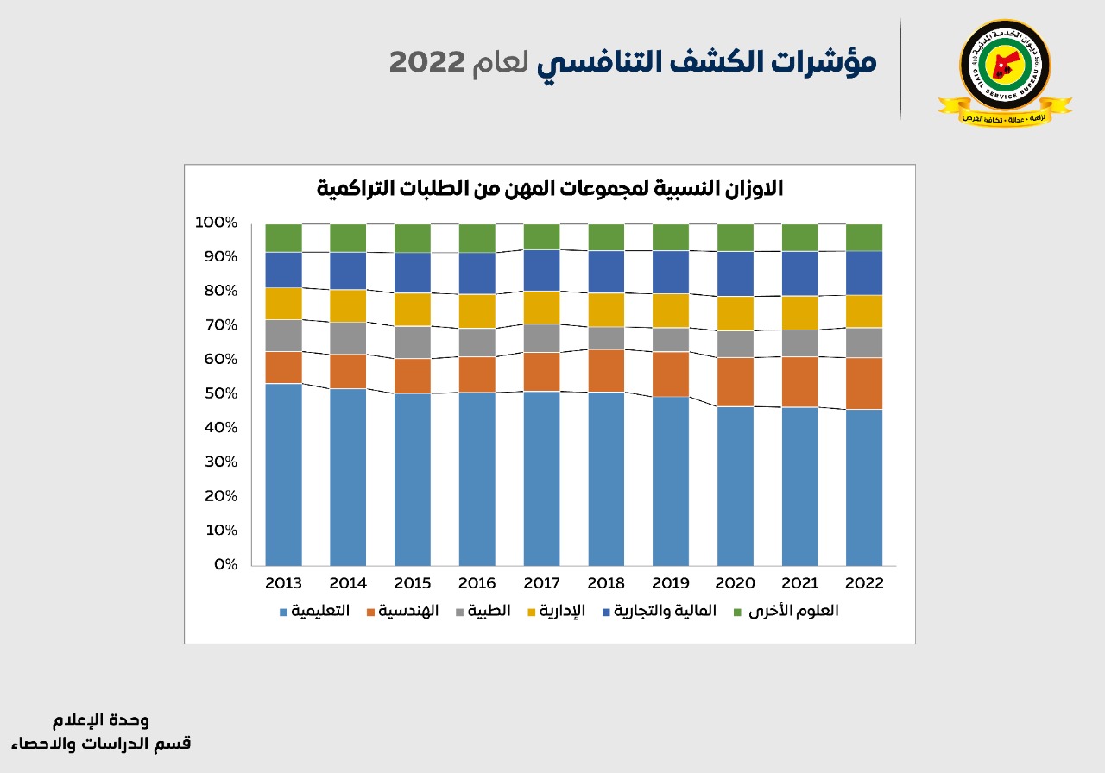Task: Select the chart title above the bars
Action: tap(550, 189)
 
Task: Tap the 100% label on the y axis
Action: tap(216, 223)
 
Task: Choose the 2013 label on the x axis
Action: tap(283, 583)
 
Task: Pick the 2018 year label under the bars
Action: tap(606, 583)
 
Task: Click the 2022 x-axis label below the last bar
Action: tap(864, 583)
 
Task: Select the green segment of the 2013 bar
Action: tap(283, 237)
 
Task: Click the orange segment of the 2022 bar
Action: tap(864, 383)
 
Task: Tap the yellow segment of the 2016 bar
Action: tap(477, 311)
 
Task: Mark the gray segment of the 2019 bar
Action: tap(671, 339)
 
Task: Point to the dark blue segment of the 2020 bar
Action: tap(736, 273)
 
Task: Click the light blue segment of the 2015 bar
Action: tap(412, 479)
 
